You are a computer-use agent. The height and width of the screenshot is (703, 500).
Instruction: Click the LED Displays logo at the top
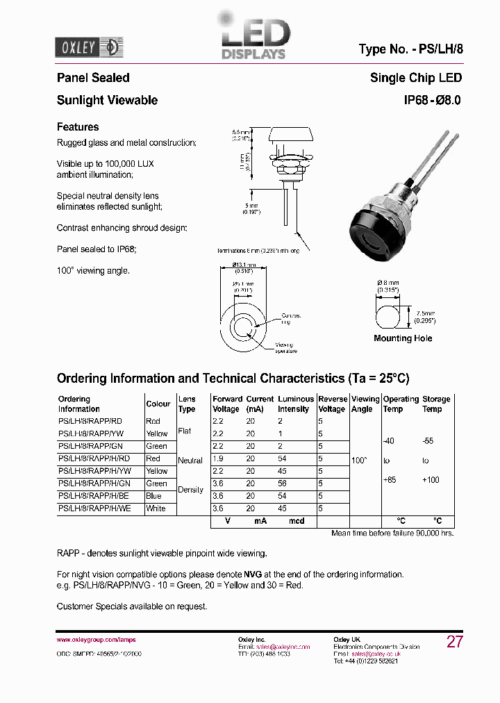click(253, 39)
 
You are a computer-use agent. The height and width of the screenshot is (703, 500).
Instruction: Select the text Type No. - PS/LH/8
click(410, 49)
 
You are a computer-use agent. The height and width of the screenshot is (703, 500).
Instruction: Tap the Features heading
click(78, 127)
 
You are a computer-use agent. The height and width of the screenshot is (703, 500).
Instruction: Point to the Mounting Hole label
click(403, 338)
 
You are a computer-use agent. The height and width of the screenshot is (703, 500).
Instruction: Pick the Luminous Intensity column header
click(296, 404)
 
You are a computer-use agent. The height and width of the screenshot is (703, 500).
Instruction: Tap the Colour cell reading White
click(156, 508)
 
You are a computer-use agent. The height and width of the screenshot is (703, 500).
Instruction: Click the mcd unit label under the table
click(297, 521)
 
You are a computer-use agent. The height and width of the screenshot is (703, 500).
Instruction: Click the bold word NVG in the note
click(253, 574)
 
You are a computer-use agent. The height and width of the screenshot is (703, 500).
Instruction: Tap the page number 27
click(454, 642)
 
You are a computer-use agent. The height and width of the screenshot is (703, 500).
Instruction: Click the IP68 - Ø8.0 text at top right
click(433, 100)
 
